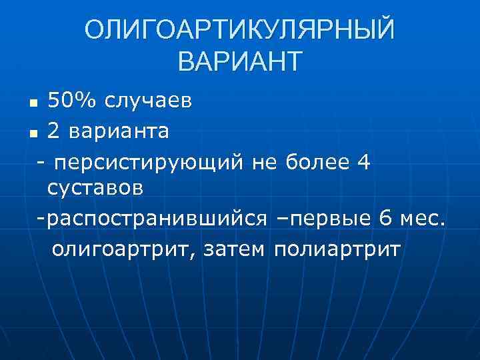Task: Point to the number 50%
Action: coord(72,101)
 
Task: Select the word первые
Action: coord(333,219)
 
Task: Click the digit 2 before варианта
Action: coord(54,131)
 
